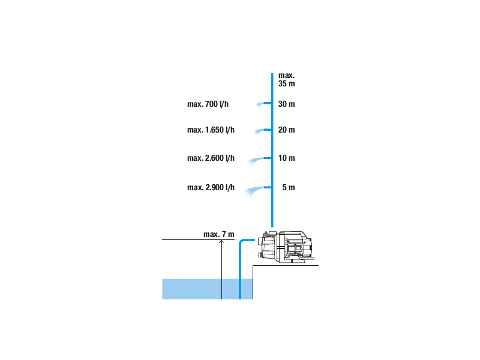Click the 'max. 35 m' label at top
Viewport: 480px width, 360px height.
pyautogui.click(x=286, y=80)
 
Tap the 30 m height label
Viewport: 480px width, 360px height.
pyautogui.click(x=287, y=104)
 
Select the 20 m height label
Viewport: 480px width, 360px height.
pyautogui.click(x=287, y=130)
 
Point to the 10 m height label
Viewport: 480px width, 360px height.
pyautogui.click(x=287, y=158)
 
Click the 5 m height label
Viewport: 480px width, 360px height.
pyautogui.click(x=289, y=188)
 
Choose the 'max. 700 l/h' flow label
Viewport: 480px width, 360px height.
pyautogui.click(x=208, y=104)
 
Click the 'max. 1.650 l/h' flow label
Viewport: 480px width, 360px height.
pyautogui.click(x=211, y=130)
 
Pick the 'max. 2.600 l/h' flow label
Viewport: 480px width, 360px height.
pyautogui.click(x=211, y=158)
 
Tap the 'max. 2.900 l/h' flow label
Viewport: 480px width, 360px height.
pyautogui.click(x=211, y=188)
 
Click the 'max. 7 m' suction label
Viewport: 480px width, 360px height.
pyautogui.click(x=218, y=234)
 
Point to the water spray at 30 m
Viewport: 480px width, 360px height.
pyautogui.click(x=260, y=106)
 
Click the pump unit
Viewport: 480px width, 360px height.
pyautogui.click(x=285, y=247)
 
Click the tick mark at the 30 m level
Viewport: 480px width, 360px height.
pyautogui.click(x=275, y=104)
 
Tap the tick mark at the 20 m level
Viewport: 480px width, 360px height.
pyautogui.click(x=275, y=130)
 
